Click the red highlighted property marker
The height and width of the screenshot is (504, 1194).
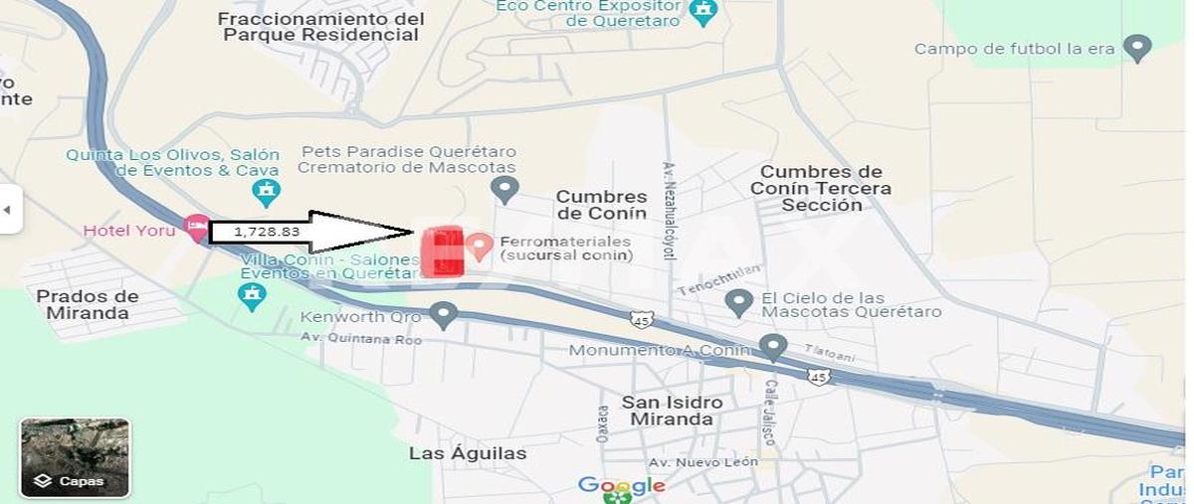point(443,252)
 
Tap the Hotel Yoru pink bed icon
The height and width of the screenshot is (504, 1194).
point(197,229)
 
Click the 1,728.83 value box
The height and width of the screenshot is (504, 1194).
point(254,232)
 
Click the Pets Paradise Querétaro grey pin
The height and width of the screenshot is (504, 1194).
point(504,187)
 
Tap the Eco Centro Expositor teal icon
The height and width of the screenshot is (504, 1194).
point(703,12)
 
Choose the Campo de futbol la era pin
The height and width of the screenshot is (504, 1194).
point(1136,47)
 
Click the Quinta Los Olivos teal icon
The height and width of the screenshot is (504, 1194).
point(266,191)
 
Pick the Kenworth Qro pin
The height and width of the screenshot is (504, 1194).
point(443,316)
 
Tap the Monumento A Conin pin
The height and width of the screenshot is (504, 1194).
point(773,347)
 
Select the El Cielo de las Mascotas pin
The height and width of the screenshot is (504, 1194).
point(738,302)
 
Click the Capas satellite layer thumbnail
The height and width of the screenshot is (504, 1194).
point(75,457)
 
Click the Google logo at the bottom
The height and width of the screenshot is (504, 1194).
point(622,486)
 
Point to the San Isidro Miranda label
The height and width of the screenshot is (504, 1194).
point(673,411)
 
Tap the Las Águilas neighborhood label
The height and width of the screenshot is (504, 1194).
point(468,453)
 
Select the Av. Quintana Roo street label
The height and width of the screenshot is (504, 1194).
point(361,339)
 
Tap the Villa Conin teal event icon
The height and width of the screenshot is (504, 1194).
point(252,294)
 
